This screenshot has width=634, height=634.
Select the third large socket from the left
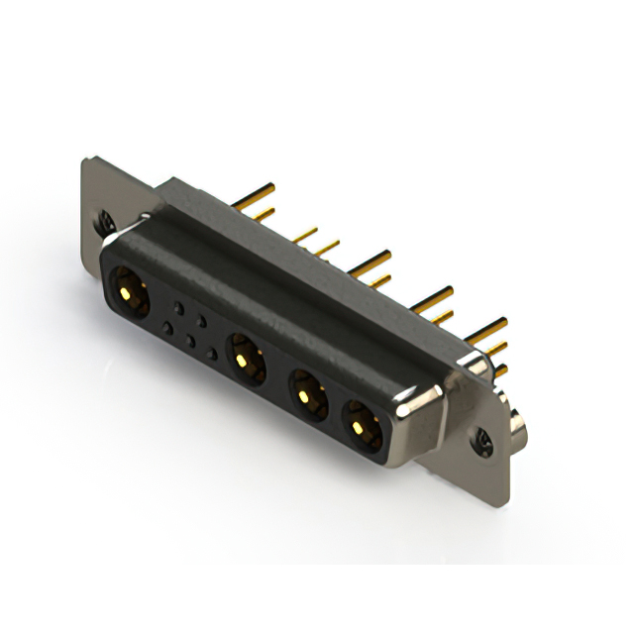point(308,393)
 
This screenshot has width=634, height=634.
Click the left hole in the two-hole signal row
point(178,308)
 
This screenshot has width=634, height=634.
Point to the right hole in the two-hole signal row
point(202,321)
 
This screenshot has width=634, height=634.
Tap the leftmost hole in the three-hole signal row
point(167,327)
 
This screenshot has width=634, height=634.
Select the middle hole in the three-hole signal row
point(190,340)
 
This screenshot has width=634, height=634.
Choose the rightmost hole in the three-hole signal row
point(212,353)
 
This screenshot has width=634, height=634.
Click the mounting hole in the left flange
point(106,224)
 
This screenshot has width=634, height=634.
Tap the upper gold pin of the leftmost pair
point(254,192)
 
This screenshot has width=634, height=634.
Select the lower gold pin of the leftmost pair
point(264,214)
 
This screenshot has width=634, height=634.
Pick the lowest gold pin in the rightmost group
point(500,370)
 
